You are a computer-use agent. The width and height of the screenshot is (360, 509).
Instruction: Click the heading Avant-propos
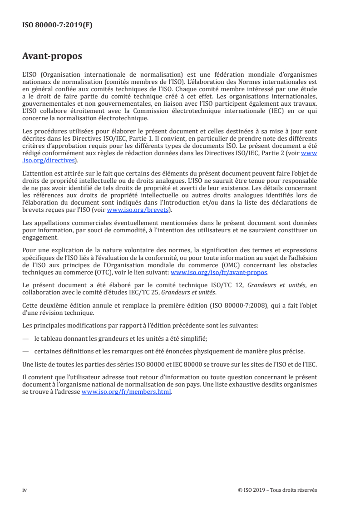53,57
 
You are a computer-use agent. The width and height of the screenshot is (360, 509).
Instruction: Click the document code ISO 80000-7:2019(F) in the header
57,25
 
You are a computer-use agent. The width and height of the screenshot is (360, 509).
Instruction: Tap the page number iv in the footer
25,477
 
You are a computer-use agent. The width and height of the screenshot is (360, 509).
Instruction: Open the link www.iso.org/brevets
138,210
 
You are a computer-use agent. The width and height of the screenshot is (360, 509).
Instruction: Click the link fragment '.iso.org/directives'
50,160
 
